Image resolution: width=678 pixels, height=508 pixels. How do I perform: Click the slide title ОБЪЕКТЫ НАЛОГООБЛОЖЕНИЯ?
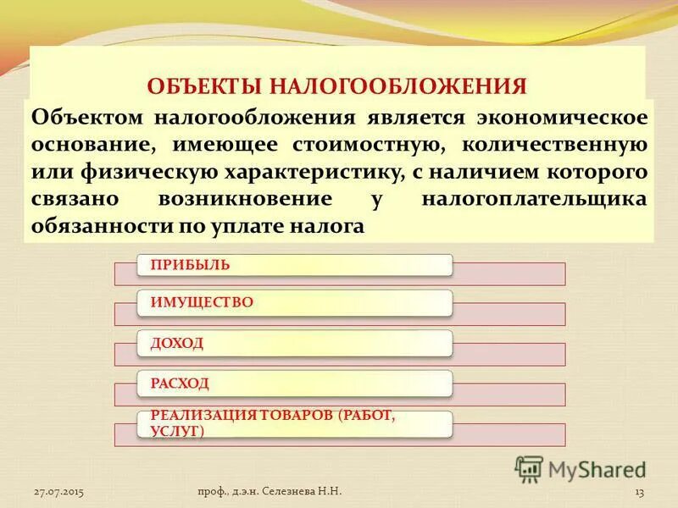[x=337, y=86]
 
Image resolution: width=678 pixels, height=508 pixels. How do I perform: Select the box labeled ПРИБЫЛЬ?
[x=295, y=265]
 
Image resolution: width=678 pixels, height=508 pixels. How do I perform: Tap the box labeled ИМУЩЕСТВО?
[x=295, y=302]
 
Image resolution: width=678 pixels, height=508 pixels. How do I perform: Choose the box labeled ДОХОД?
[x=295, y=343]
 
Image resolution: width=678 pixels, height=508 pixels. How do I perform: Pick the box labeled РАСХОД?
[x=295, y=384]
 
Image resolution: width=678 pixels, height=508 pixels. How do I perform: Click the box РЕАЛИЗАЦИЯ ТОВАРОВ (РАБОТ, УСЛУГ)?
[x=295, y=423]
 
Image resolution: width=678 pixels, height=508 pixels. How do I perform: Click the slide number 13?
[x=640, y=492]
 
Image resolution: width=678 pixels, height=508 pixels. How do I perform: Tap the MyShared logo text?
[x=597, y=468]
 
